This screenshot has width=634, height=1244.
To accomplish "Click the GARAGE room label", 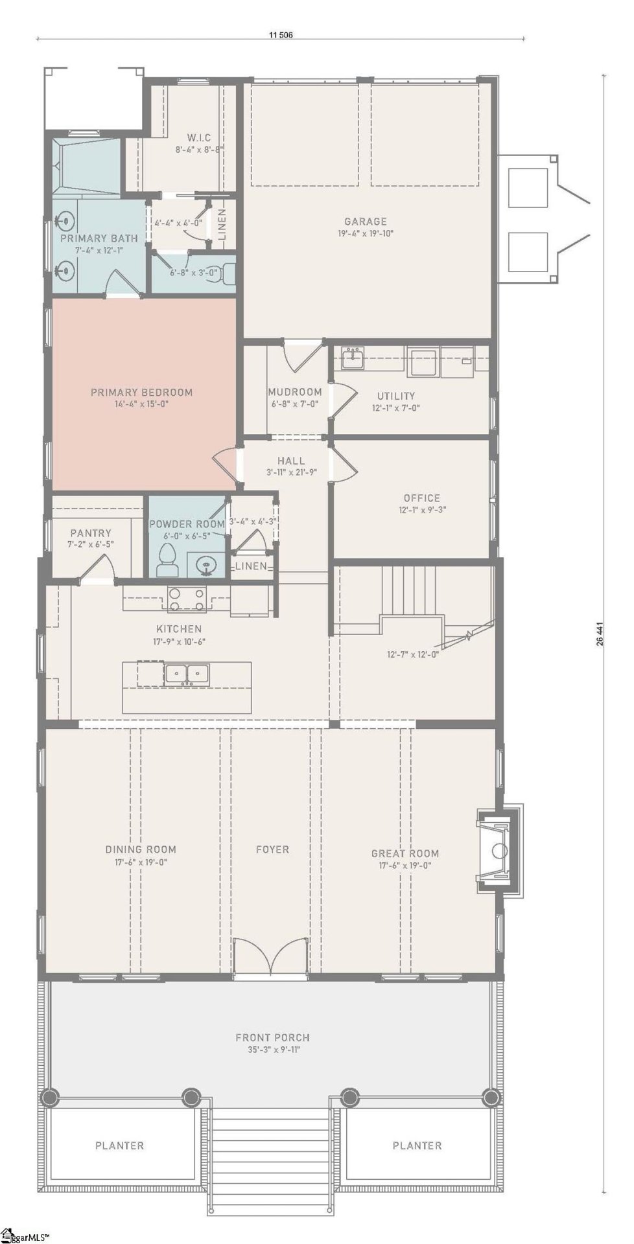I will [x=365, y=221].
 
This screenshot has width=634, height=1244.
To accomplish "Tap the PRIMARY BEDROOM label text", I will [x=141, y=392].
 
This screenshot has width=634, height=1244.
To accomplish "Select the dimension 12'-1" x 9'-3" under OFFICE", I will [x=421, y=509].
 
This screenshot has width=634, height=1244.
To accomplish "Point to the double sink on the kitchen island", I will [x=186, y=674].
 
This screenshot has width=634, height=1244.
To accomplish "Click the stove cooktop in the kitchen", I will [x=187, y=599].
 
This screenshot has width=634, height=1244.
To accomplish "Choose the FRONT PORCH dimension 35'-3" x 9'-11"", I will [x=272, y=1050].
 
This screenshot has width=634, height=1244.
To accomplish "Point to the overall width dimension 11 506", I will [x=281, y=35].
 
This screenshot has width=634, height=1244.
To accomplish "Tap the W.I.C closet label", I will [x=198, y=137].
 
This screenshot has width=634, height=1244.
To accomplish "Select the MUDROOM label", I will [x=295, y=392].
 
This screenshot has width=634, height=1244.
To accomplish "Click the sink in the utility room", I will [x=353, y=357].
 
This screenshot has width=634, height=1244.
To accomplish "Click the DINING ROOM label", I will [x=141, y=849].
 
